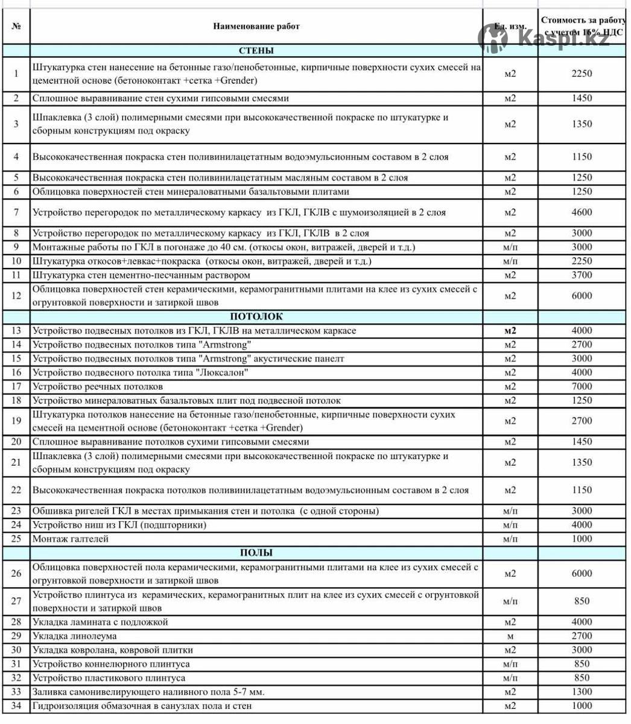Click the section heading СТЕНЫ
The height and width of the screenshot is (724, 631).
click(x=256, y=51)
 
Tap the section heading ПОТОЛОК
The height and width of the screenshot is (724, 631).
click(x=256, y=317)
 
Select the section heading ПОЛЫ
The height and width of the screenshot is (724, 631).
click(x=256, y=553)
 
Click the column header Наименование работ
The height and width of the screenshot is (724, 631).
click(x=256, y=27)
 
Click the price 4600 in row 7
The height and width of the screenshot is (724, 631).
click(x=582, y=212)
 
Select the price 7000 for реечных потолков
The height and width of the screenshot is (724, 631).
click(x=582, y=387)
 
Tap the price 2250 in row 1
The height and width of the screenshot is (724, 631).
click(x=582, y=74)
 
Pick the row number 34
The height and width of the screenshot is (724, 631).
click(x=16, y=706)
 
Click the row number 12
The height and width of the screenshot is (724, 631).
click(x=16, y=296)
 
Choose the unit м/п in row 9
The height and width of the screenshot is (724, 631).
click(x=510, y=247)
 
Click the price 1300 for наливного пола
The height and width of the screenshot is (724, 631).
click(x=582, y=692)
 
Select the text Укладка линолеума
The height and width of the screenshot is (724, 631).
click(x=75, y=636)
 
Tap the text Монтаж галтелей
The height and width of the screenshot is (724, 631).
click(x=71, y=539)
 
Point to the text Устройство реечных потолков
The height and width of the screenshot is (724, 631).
click(x=98, y=387)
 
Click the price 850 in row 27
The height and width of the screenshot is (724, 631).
click(x=582, y=601)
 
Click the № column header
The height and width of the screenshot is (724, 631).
click(x=16, y=27)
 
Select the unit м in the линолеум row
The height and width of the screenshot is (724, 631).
click(x=510, y=636)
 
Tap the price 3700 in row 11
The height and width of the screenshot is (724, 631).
click(x=582, y=275)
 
